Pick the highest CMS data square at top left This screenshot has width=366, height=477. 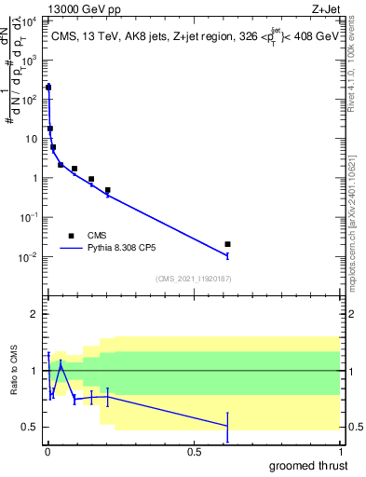[x=48, y=88]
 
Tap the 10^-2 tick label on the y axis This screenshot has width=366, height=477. [x=30, y=256]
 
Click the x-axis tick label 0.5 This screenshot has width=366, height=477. [x=195, y=452]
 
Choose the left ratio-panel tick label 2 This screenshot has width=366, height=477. [x=35, y=314]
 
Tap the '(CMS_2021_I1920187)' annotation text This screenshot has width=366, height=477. [x=194, y=278]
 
